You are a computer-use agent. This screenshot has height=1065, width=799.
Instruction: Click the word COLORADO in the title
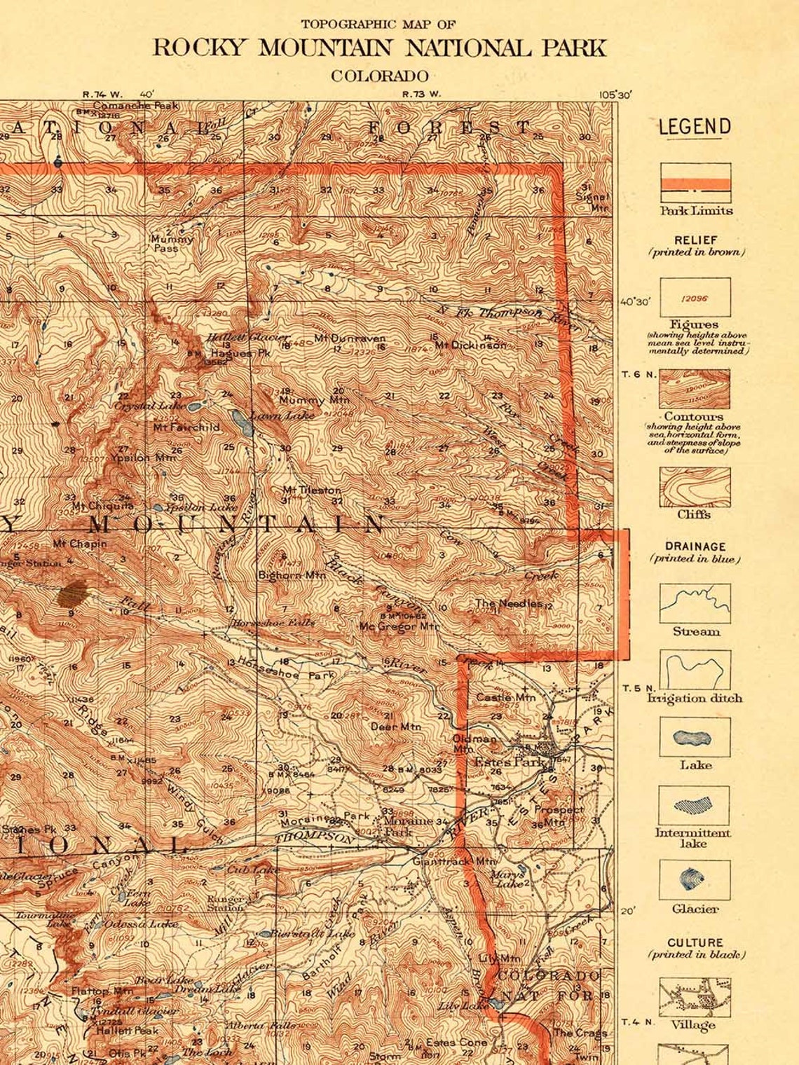pos(379,76)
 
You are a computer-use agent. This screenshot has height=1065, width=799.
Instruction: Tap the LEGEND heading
pos(694,127)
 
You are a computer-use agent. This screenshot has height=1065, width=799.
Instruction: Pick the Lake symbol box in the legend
pos(694,738)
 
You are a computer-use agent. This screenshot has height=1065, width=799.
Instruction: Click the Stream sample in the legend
pos(694,603)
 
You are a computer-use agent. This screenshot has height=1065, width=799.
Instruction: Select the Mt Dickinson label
pos(470,345)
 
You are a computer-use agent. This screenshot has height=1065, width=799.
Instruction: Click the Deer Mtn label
pos(395,727)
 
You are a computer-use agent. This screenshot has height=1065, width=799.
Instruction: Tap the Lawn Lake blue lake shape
pos(240,422)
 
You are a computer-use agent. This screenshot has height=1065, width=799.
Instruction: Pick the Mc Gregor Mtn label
pos(399,626)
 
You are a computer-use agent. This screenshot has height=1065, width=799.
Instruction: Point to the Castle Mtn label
pos(505,697)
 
